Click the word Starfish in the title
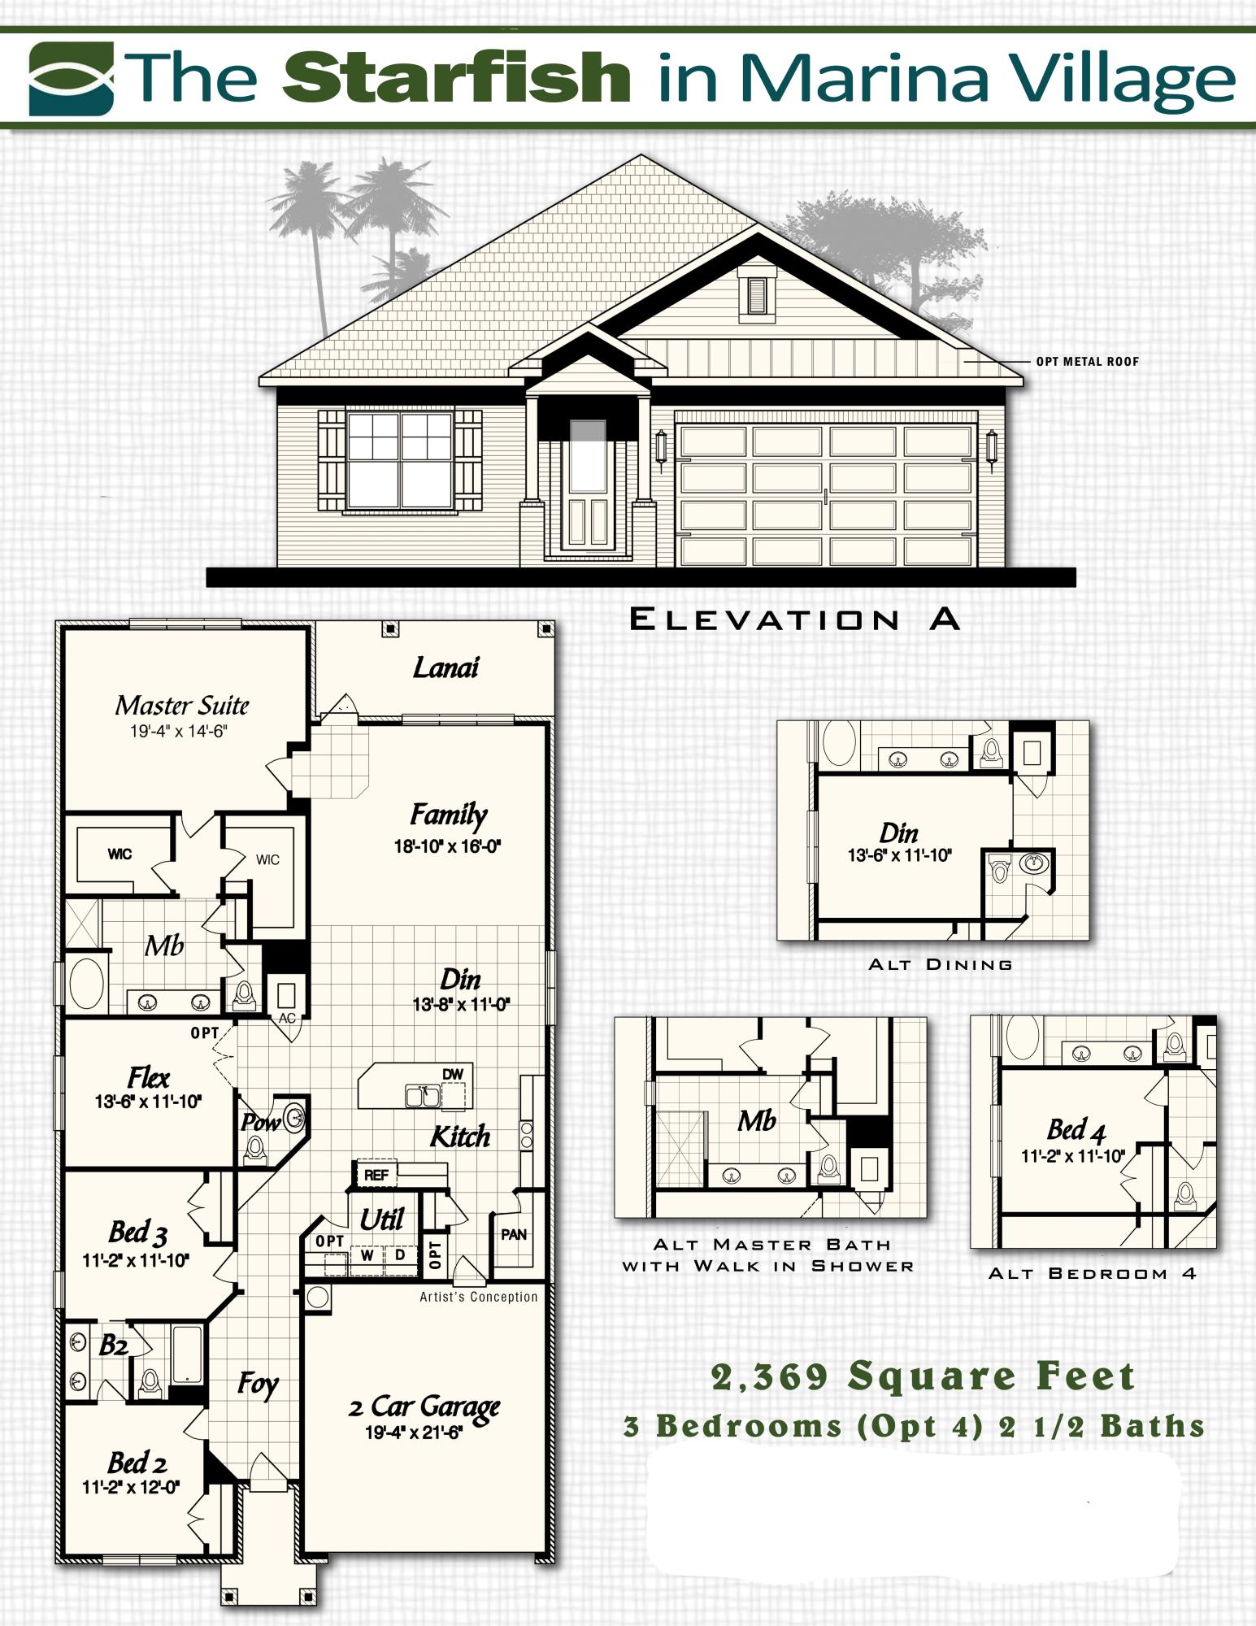[x=457, y=77]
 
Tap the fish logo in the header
[x=72, y=78]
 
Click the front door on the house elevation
[x=588, y=485]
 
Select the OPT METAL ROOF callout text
[x=1088, y=361]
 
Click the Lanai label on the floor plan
[x=445, y=667]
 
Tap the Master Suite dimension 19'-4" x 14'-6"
[x=179, y=731]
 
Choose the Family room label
[x=448, y=815]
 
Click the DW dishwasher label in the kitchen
[x=453, y=1075]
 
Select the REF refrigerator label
[x=376, y=1175]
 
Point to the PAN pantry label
[x=514, y=1235]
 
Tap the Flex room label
[x=149, y=1078]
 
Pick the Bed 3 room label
[x=137, y=1233]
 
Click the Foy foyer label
[x=258, y=1385]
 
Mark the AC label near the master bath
[x=287, y=1018]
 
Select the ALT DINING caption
[x=941, y=964]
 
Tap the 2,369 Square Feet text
[x=923, y=1376]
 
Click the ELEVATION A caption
[x=795, y=620]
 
